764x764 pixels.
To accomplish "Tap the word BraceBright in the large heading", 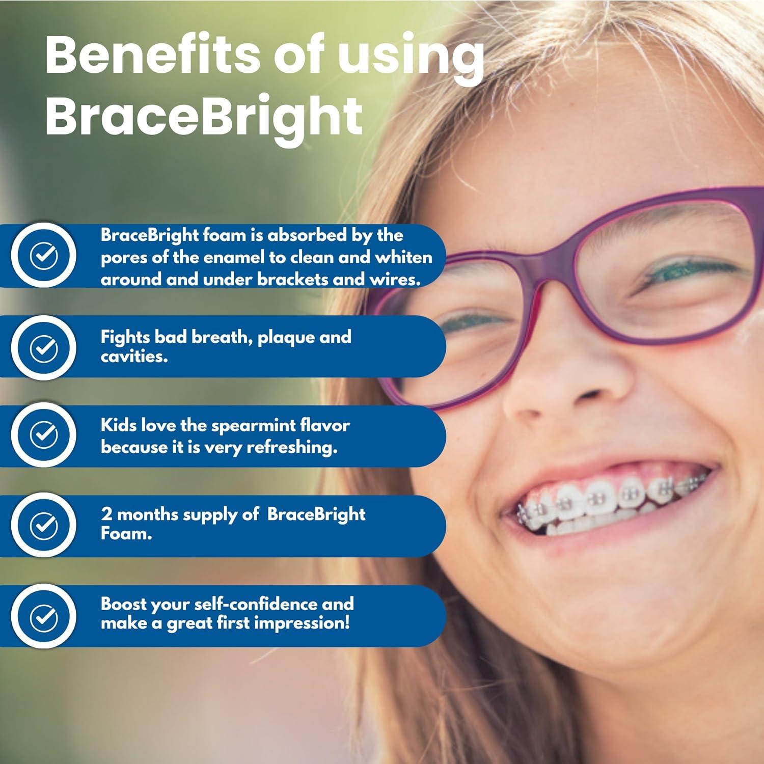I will (x=204, y=116).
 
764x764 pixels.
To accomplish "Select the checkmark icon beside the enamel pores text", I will (x=44, y=255).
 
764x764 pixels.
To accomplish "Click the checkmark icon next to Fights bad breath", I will (x=44, y=348).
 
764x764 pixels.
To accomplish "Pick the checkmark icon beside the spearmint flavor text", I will (x=44, y=434).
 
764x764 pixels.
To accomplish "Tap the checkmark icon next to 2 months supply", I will (x=44, y=525).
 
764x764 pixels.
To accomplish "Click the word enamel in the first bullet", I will (x=235, y=257).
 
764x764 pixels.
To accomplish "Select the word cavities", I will (x=134, y=357).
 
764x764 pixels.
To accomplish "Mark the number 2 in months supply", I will (x=106, y=514).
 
